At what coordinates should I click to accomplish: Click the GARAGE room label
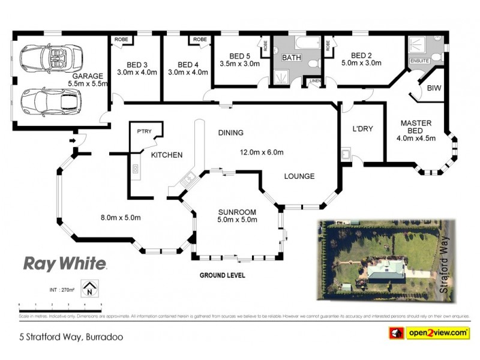click(x=88, y=76)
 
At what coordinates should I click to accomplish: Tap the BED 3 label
click(x=137, y=64)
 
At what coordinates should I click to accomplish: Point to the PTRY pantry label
click(x=143, y=131)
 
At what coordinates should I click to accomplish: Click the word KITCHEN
click(x=166, y=155)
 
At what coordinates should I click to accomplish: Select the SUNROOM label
click(x=237, y=212)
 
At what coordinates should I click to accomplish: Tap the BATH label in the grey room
click(x=291, y=58)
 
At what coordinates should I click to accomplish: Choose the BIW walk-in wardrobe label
click(x=433, y=88)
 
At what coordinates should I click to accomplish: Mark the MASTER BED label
click(x=416, y=127)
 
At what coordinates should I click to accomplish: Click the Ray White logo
click(x=65, y=263)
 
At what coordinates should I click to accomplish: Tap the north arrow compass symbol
click(x=89, y=289)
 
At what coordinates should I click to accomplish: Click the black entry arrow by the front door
click(x=74, y=141)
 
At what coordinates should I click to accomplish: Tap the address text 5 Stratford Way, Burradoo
click(x=71, y=337)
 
